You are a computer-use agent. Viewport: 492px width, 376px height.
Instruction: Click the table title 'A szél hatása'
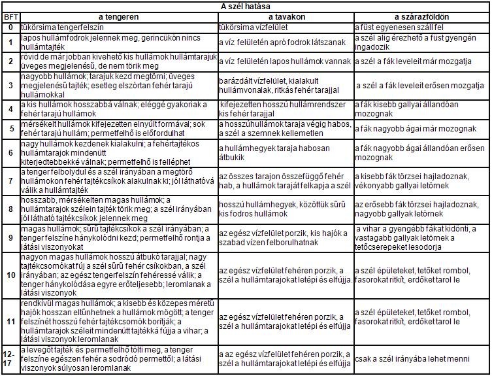245,5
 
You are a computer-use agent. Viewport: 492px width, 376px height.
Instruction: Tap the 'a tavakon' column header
286,16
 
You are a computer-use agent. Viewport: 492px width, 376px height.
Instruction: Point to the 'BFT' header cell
10,16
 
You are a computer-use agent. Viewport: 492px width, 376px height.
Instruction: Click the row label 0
10,28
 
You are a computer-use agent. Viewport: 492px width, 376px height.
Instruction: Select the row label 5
10,129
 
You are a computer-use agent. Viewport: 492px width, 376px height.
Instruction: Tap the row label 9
10,238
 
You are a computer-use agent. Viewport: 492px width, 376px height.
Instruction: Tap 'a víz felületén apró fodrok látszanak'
282,43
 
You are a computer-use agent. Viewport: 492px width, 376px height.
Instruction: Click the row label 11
10,321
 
